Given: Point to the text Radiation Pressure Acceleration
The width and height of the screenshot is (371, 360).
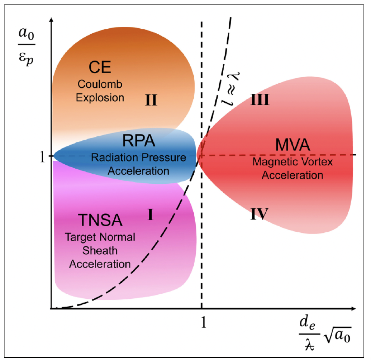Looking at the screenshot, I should click(138, 164).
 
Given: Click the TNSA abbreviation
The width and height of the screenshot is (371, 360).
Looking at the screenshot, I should click(100, 220).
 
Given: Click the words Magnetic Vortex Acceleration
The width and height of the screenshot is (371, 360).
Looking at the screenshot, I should click(292, 168).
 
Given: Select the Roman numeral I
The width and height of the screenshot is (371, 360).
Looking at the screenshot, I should click(150, 215).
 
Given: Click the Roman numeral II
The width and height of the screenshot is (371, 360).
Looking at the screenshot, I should click(151, 100).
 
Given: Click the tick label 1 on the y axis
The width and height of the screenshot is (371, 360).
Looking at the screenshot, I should click(43, 156).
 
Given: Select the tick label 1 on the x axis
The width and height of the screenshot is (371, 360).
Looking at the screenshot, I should click(203, 321).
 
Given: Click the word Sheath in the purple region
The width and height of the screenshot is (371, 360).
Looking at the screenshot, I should click(100, 251).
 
